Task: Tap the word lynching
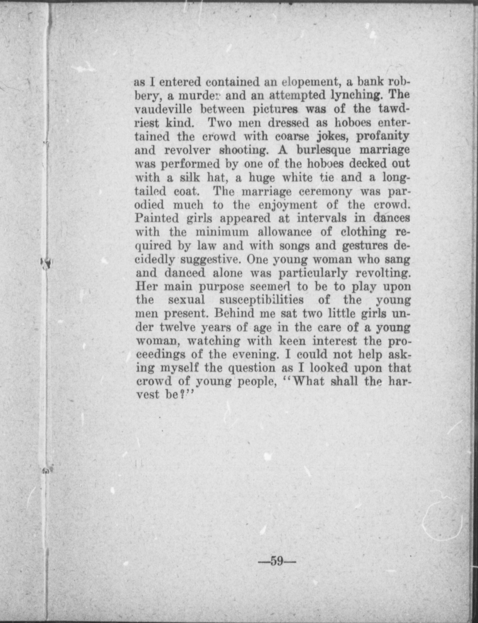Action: click(x=357, y=96)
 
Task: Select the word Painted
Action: click(x=157, y=218)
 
